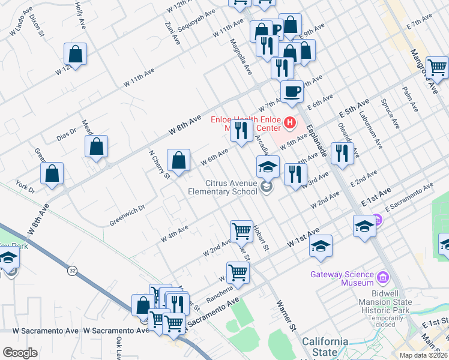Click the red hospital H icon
(x=291, y=123)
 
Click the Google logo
(x=20, y=353)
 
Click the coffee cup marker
(x=292, y=92)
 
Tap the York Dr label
(x=26, y=185)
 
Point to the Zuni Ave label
(x=172, y=33)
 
